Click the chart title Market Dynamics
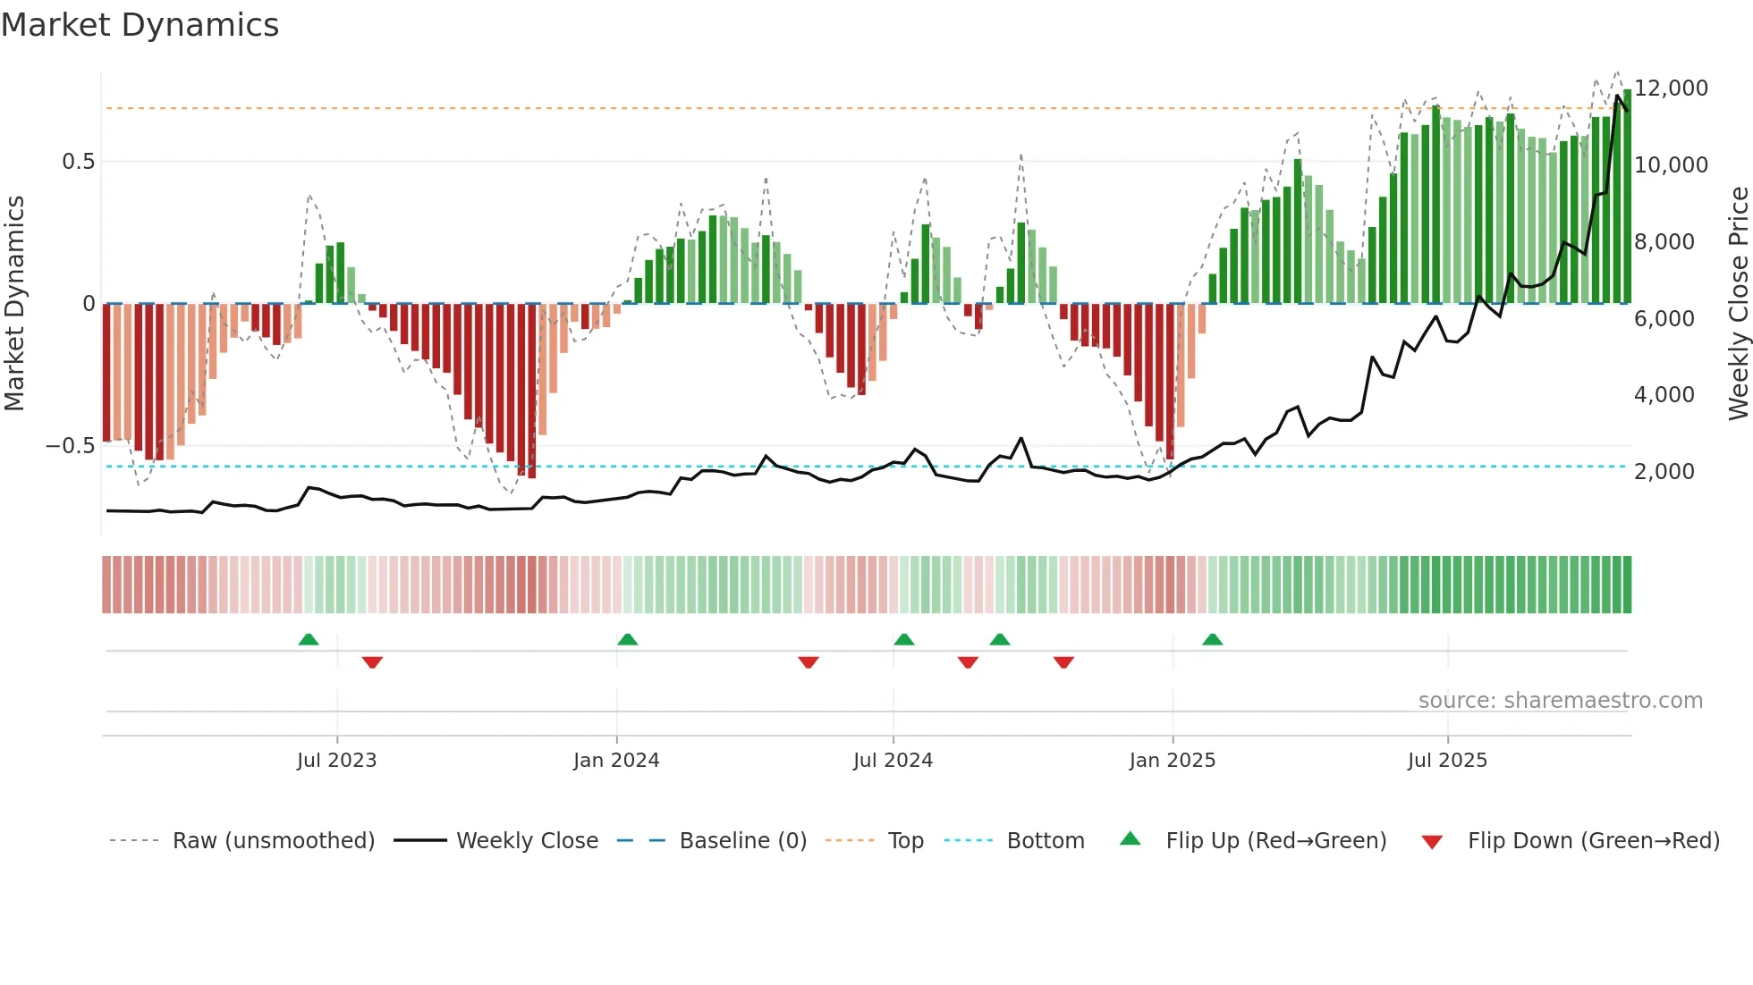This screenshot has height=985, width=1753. [140, 25]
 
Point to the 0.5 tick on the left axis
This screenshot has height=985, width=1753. [78, 162]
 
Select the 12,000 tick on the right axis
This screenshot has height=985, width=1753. [1671, 88]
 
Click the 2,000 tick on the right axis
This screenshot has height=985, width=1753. [1664, 472]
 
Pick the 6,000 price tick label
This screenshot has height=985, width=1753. [1664, 319]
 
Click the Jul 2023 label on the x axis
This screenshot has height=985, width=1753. [336, 761]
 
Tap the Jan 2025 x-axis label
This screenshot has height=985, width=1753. [1172, 761]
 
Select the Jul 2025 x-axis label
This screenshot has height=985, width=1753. [1446, 761]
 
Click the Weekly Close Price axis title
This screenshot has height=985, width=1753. [1738, 304]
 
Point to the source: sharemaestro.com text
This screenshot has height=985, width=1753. [1560, 701]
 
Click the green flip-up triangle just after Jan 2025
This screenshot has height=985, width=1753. [1212, 640]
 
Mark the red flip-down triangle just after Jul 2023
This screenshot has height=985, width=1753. [372, 662]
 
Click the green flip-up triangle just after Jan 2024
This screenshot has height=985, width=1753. [627, 640]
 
